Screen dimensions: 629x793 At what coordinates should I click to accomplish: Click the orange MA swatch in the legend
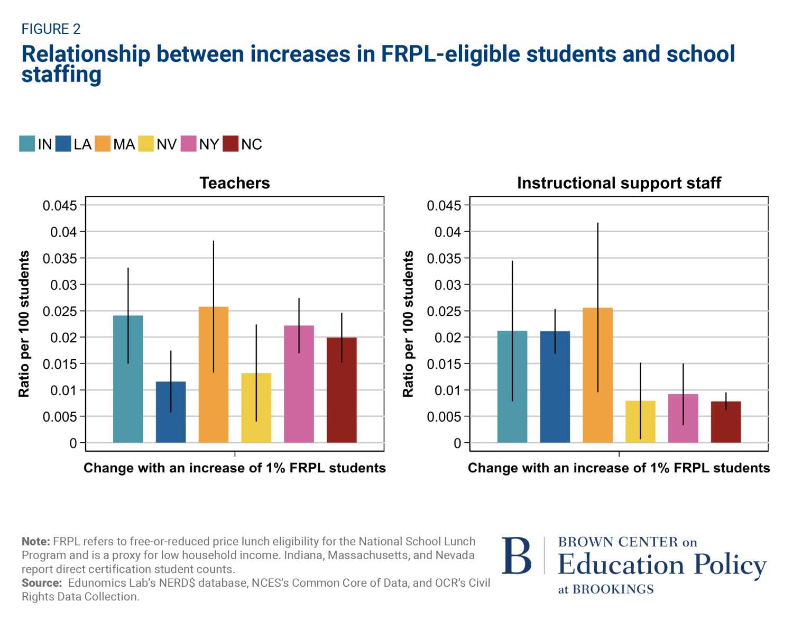[x=103, y=144]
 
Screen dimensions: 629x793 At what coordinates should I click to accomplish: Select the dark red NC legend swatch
[x=230, y=144]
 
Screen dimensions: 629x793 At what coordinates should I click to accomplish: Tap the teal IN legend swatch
[x=27, y=144]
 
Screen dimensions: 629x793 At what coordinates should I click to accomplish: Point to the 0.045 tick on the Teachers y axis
[x=60, y=205]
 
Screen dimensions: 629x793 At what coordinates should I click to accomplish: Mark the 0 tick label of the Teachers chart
[x=73, y=443]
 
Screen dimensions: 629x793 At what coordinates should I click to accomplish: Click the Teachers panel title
[x=235, y=183]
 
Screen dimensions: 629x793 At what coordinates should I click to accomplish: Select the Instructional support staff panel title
[x=619, y=183]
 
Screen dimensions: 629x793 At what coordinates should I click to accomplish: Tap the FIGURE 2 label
[x=51, y=29]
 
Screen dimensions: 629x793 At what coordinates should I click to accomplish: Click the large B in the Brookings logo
[x=517, y=556]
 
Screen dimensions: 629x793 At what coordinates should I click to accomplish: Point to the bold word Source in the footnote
[x=41, y=583]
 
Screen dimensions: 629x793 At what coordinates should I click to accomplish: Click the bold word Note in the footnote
[x=35, y=542]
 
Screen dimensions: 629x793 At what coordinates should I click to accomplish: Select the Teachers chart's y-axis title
[x=24, y=324]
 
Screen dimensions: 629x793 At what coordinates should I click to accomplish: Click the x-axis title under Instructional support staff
[x=619, y=468]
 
